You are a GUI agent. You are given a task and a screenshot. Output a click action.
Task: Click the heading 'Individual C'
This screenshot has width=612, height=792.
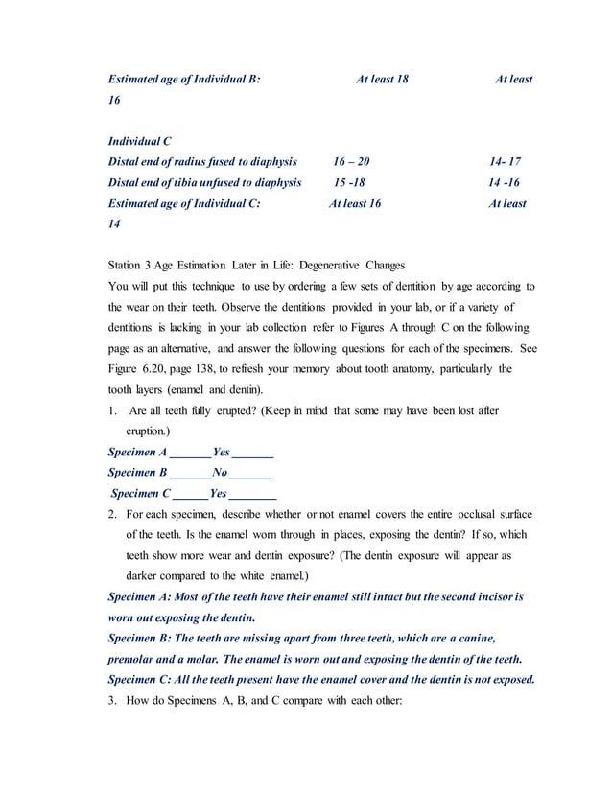click(x=140, y=142)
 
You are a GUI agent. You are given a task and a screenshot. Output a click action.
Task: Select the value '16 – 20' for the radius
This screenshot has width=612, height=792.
click(x=351, y=162)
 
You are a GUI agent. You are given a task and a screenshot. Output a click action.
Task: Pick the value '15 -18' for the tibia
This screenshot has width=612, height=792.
click(x=349, y=183)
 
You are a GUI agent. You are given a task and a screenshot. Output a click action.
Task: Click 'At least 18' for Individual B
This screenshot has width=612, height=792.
click(x=382, y=79)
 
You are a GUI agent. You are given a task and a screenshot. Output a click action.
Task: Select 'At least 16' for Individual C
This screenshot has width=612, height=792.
click(x=355, y=203)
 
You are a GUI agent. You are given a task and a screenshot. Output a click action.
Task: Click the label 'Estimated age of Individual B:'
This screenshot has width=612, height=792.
click(x=184, y=79)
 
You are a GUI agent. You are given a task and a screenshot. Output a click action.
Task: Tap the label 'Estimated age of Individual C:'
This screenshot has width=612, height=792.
click(x=184, y=203)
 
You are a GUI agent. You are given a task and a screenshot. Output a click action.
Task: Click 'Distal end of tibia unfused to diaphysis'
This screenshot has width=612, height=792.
click(x=204, y=183)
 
